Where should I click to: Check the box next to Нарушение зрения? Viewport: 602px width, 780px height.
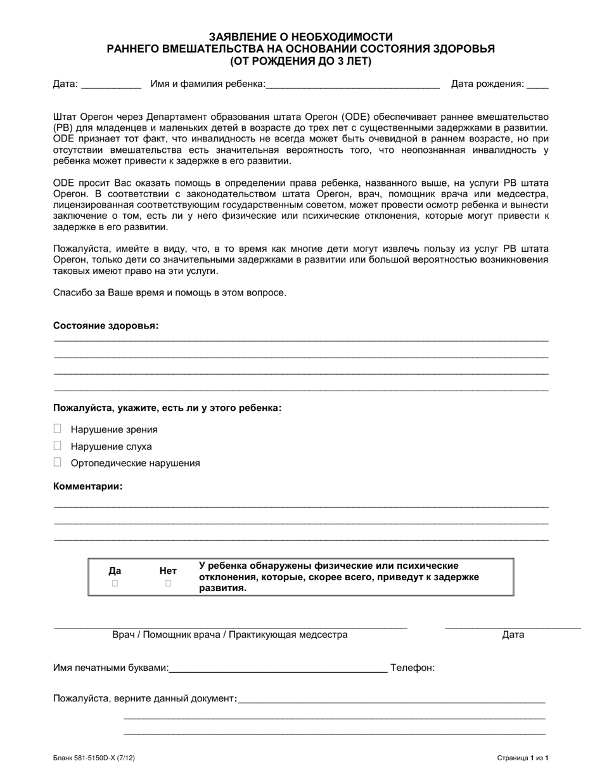(58, 429)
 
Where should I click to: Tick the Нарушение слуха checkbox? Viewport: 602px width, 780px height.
(58, 446)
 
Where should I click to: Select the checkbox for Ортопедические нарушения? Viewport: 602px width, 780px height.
(58, 462)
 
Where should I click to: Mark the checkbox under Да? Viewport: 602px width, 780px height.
(115, 583)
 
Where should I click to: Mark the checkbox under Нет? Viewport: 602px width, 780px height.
(168, 583)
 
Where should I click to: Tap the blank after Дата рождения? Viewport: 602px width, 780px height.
(537, 84)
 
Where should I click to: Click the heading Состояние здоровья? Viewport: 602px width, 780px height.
(106, 325)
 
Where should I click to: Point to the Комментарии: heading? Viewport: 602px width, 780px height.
(88, 486)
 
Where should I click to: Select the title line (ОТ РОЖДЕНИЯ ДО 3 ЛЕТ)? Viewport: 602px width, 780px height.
(301, 62)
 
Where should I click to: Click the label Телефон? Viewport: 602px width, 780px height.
(413, 668)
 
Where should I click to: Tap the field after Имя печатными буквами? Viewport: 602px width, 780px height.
(278, 668)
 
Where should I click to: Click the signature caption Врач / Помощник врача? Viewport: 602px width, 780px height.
(229, 635)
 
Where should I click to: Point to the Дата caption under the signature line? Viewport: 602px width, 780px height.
(513, 635)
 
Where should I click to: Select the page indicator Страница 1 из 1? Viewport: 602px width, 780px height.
(523, 757)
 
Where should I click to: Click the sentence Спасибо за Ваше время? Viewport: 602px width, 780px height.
(170, 293)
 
